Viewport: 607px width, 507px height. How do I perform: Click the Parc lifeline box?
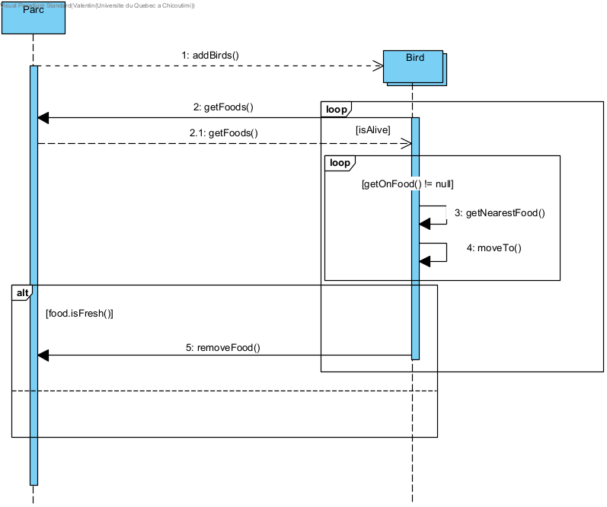coord(33,19)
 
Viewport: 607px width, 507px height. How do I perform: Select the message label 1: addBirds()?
coord(210,55)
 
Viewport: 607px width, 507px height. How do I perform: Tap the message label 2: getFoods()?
coord(223,107)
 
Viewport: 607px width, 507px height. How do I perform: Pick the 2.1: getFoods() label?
coord(224,132)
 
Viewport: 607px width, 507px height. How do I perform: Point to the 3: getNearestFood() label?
coord(500,213)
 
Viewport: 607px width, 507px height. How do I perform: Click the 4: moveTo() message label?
coord(494,248)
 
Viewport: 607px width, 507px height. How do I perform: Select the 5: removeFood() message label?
coord(223,347)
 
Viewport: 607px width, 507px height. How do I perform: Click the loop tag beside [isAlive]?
coord(336,110)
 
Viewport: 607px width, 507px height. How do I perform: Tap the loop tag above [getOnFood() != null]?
coord(340,163)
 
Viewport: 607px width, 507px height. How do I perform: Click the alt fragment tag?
coord(23,293)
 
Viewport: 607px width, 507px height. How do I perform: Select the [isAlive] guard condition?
coord(373,130)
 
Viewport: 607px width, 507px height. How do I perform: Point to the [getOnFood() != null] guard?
coord(408,184)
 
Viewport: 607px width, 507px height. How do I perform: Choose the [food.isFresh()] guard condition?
coord(79,314)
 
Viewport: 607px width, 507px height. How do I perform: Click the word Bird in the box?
coord(414,58)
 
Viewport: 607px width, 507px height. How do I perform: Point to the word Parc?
coord(33,11)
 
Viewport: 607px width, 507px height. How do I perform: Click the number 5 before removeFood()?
coord(189,347)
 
